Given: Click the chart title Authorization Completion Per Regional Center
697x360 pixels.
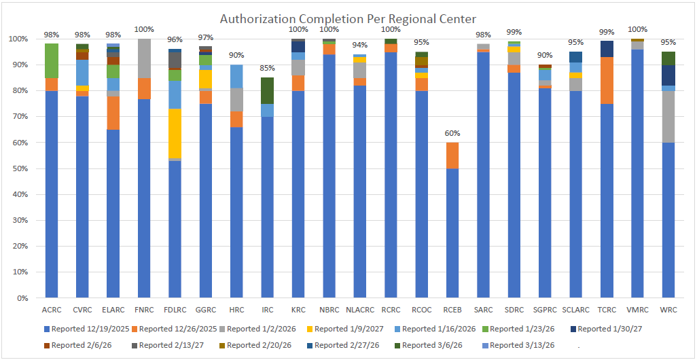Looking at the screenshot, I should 348,18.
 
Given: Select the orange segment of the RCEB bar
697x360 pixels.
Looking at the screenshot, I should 452,156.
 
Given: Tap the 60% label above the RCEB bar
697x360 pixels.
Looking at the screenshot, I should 452,133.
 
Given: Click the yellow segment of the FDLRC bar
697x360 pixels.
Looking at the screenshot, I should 175,133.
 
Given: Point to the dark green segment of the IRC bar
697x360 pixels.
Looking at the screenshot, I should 268,90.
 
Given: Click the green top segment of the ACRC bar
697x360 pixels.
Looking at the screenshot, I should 52,60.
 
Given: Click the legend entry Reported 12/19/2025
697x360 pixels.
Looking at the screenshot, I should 88,329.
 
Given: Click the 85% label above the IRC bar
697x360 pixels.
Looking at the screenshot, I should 268,69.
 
